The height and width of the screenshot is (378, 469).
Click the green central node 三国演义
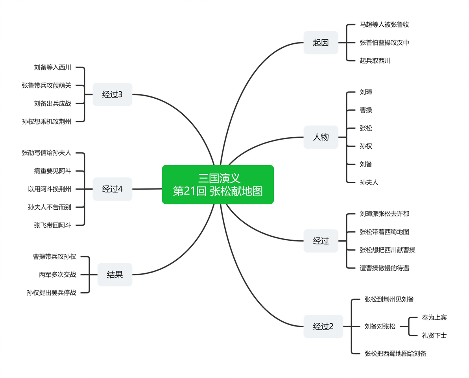point(218,184)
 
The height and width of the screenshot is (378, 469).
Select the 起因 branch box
point(321,42)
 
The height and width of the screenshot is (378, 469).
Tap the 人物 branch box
point(321,137)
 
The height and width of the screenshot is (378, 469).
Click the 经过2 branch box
point(323,326)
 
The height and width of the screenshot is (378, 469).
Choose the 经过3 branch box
point(112,94)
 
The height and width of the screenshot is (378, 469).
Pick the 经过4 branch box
point(112,189)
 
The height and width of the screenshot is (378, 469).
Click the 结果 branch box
point(115,275)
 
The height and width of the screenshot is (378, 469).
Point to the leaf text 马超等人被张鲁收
point(384,24)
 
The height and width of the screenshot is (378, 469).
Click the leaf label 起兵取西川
point(375,61)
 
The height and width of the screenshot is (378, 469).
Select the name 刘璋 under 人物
point(366,92)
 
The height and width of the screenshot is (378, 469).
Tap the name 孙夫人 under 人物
point(369,182)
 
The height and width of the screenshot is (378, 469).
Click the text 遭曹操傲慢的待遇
point(384,268)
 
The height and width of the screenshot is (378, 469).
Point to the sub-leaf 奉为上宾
point(434,317)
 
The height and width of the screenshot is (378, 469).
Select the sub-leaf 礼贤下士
point(434,336)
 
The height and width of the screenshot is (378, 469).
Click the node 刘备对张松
point(380,326)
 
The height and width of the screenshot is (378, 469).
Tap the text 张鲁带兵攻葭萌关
point(46,85)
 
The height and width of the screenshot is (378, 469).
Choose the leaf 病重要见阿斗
point(53,171)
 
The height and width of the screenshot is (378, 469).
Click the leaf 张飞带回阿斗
point(53,225)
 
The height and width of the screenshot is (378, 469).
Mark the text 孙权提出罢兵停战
point(52,293)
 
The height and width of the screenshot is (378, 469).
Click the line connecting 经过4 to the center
point(147,189)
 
